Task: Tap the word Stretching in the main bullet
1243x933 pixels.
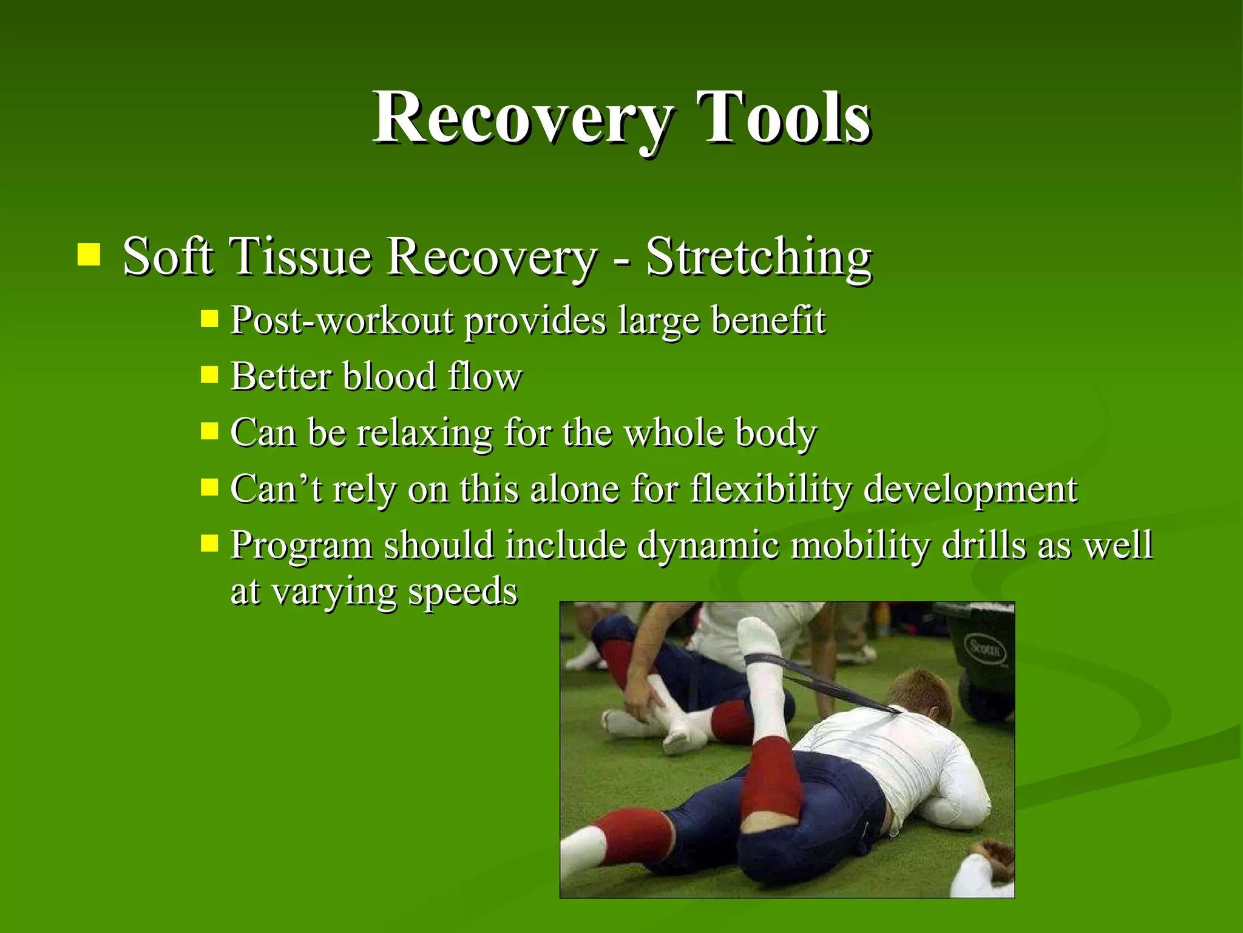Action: (x=759, y=257)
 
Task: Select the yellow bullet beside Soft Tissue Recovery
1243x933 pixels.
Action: (x=89, y=255)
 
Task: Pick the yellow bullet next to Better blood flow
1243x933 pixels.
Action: (x=209, y=375)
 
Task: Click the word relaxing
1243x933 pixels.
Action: (x=424, y=433)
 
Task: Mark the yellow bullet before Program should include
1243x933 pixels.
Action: (x=209, y=542)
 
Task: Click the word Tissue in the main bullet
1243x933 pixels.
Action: (x=300, y=257)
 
